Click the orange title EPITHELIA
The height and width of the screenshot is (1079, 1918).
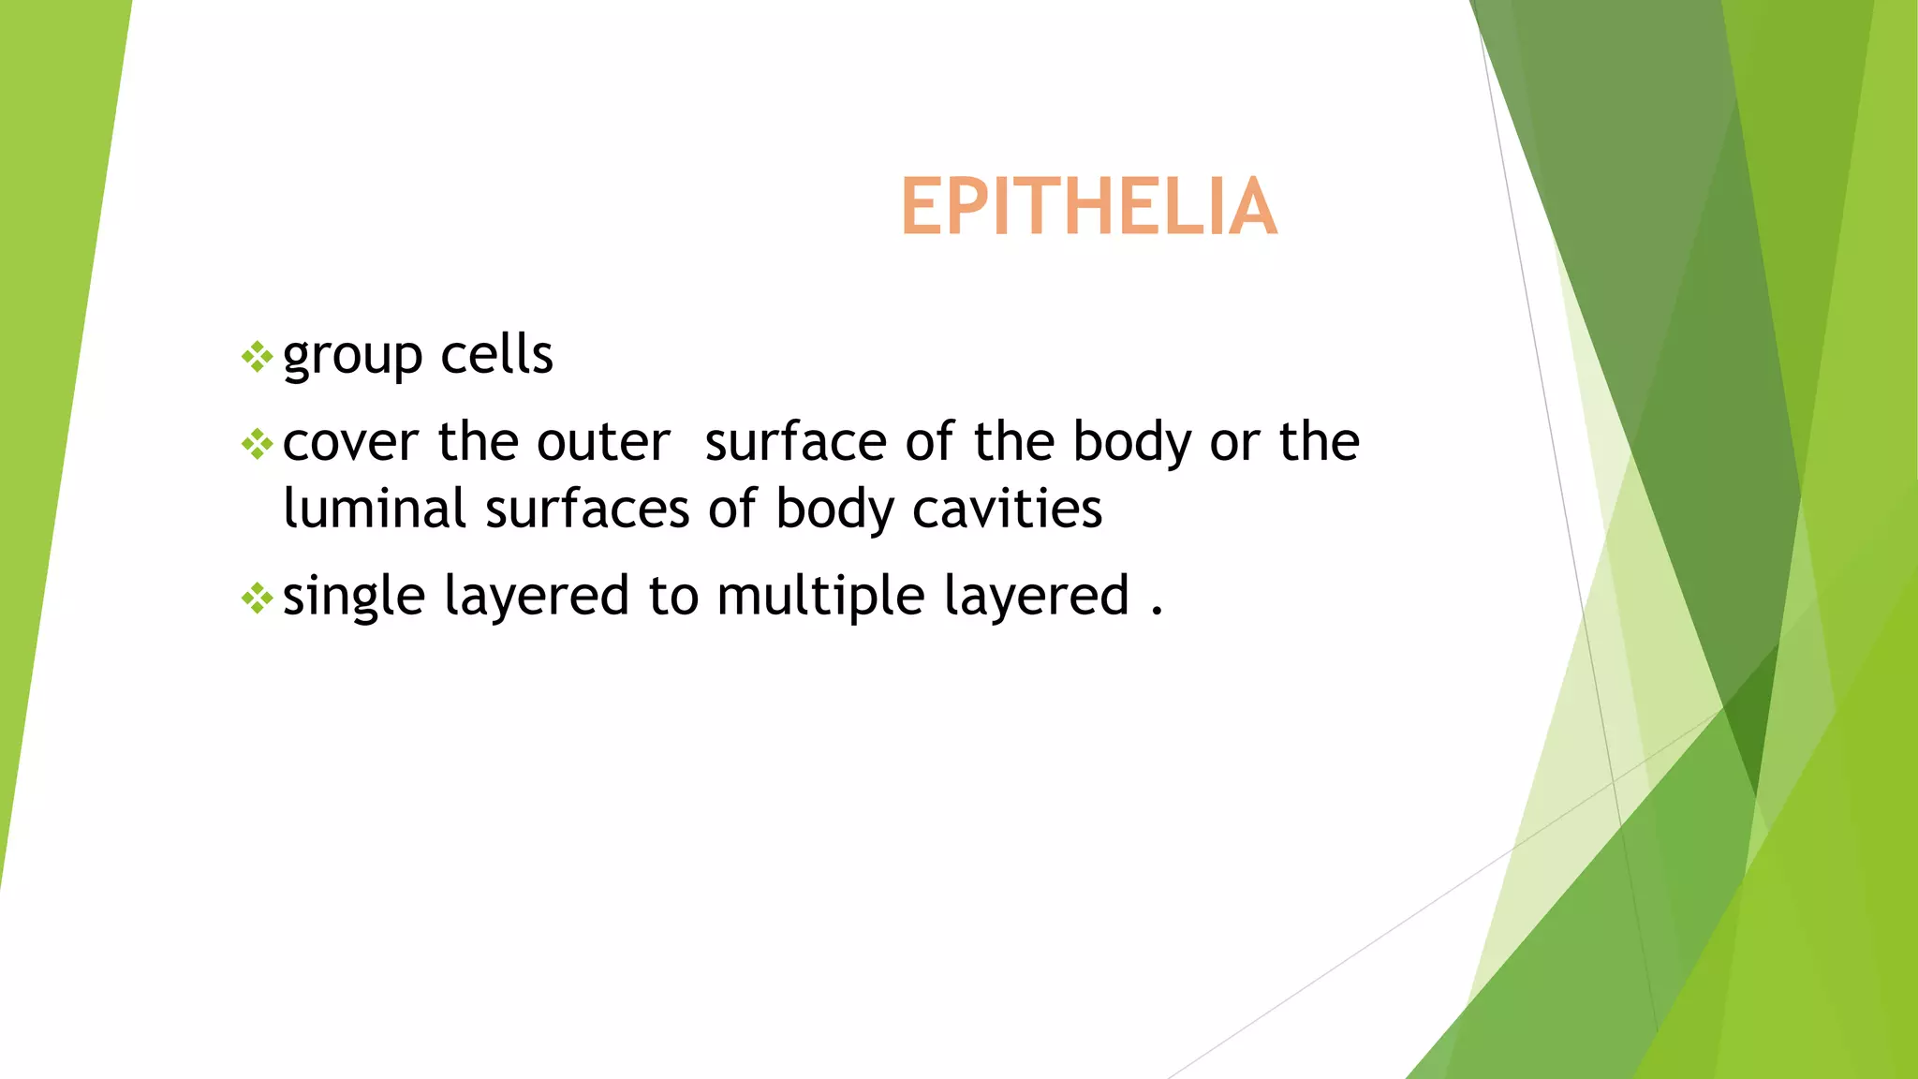[1088, 207]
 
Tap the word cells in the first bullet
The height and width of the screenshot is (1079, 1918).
[496, 355]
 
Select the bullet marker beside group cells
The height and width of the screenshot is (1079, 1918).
[257, 357]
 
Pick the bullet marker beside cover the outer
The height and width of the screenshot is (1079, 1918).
[257, 444]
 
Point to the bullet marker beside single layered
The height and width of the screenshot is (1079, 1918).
[257, 598]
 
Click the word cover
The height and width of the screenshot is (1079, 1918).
[350, 443]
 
